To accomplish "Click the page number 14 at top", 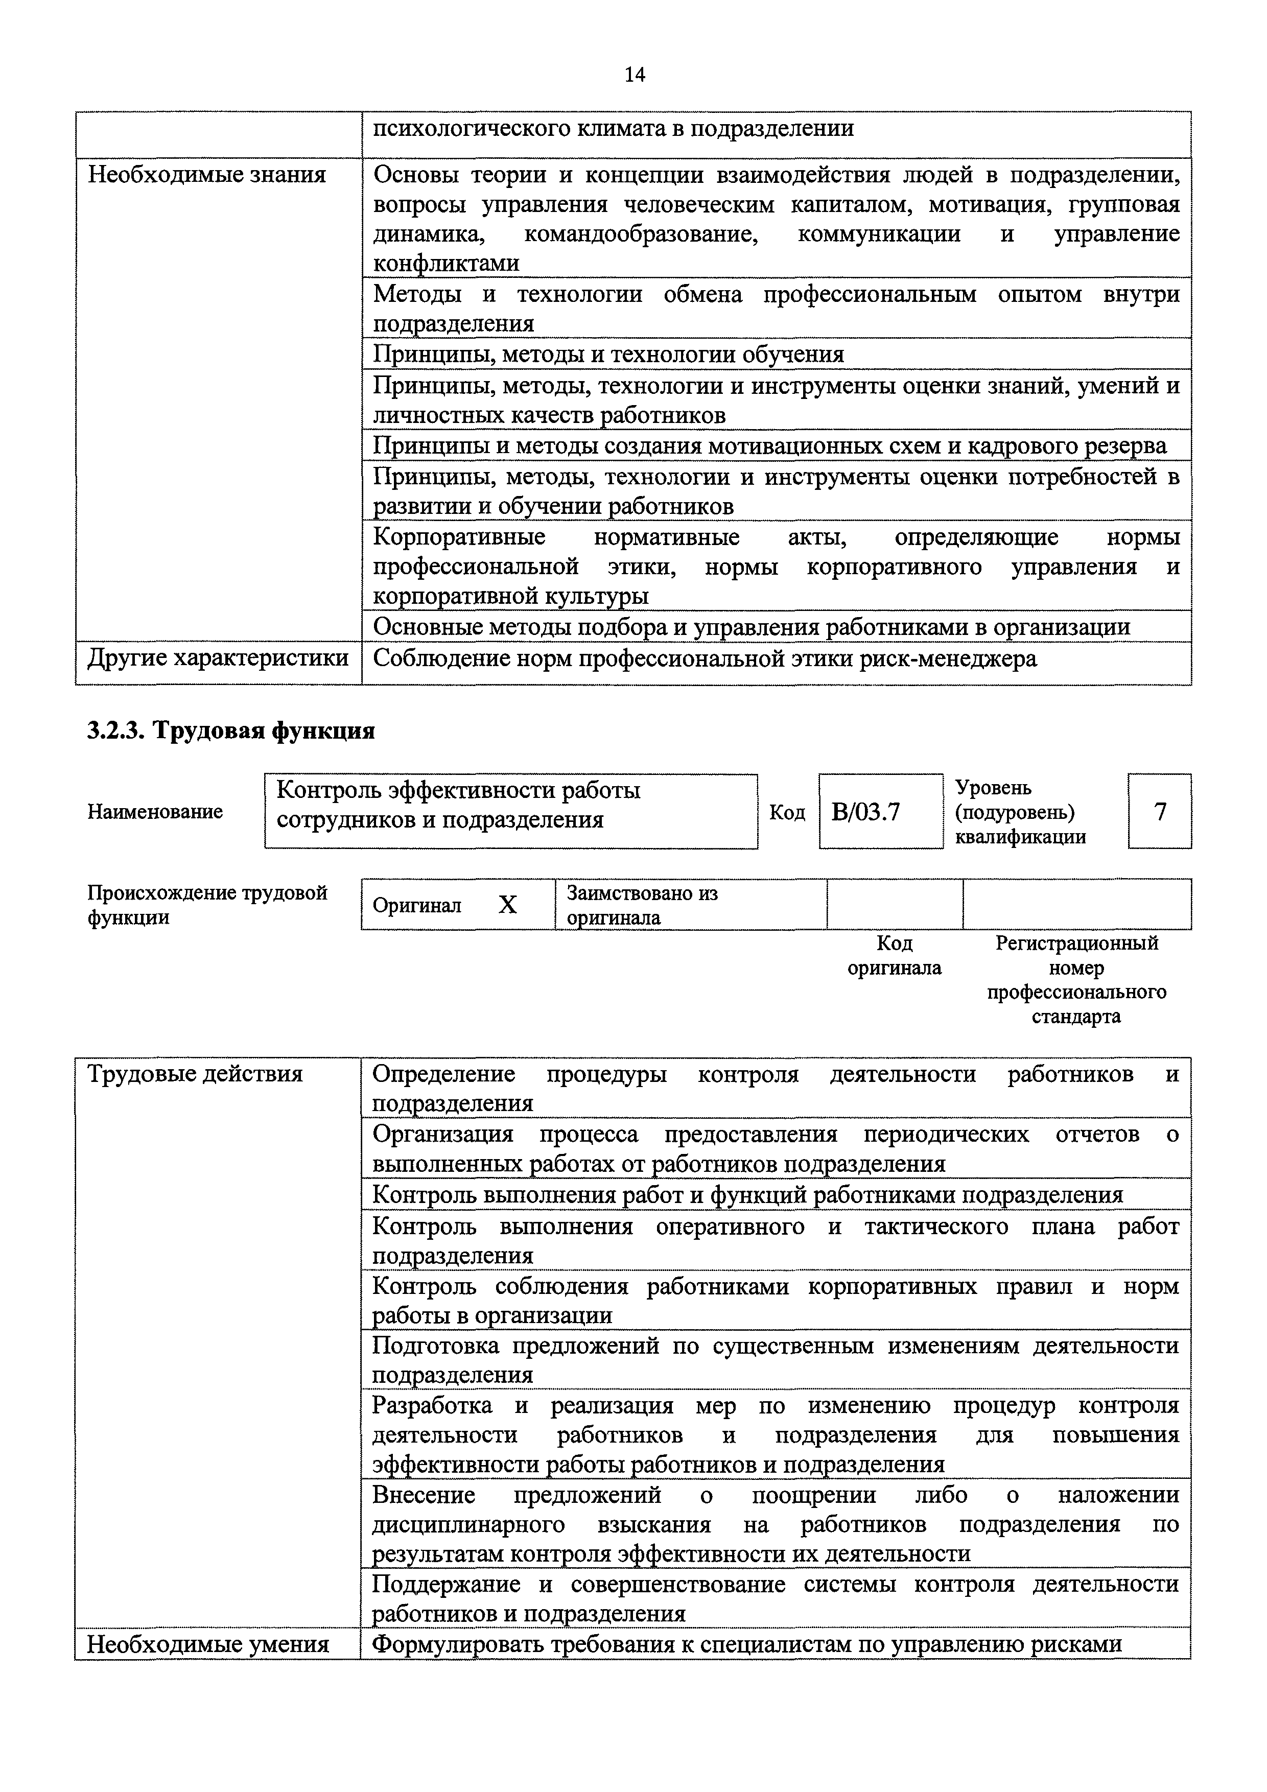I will [635, 75].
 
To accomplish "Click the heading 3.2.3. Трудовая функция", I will [231, 730].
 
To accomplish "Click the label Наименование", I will [155, 812].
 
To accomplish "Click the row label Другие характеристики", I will [218, 658].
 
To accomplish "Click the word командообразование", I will [641, 234].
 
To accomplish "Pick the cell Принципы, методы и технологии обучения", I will [608, 355].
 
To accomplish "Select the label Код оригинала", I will [895, 955].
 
